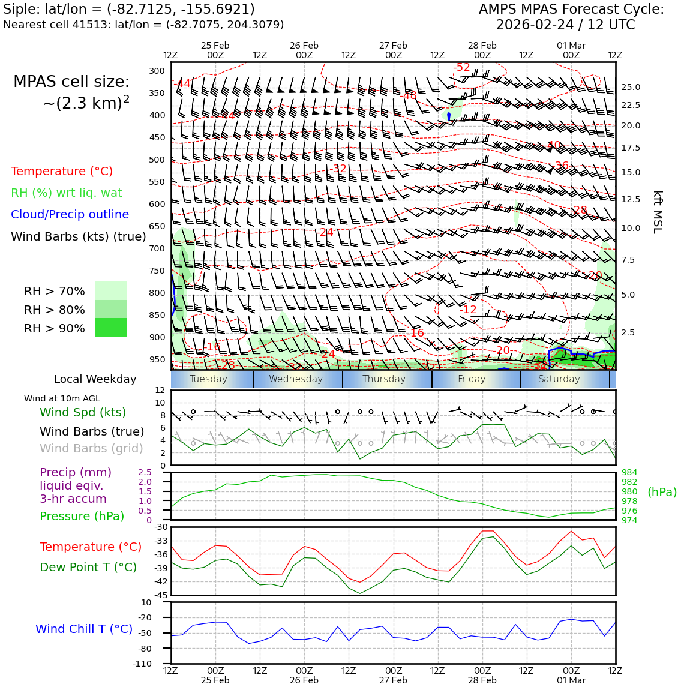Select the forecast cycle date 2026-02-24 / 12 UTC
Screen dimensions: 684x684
click(565, 25)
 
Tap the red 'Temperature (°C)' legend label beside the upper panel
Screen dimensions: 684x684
click(62, 171)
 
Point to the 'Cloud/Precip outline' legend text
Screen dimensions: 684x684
click(70, 214)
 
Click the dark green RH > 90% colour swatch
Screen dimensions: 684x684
click(111, 328)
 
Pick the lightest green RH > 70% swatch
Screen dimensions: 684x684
click(111, 290)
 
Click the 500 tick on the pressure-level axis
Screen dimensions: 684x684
click(157, 160)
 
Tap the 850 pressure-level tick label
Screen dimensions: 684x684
click(157, 315)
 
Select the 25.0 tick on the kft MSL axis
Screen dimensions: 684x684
click(630, 87)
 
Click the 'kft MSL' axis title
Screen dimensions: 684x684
click(658, 212)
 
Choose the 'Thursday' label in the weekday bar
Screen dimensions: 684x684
click(384, 379)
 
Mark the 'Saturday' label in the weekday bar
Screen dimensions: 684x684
click(559, 379)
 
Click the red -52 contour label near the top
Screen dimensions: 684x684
click(463, 67)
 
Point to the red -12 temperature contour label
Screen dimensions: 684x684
click(470, 310)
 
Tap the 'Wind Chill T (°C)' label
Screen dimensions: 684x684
click(84, 629)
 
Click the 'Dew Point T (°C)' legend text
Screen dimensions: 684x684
click(88, 567)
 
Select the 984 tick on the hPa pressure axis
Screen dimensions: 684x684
click(629, 473)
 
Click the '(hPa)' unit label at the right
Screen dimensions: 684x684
click(662, 492)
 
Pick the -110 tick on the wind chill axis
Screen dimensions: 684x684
click(142, 664)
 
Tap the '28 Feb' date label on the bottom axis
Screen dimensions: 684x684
click(482, 680)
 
